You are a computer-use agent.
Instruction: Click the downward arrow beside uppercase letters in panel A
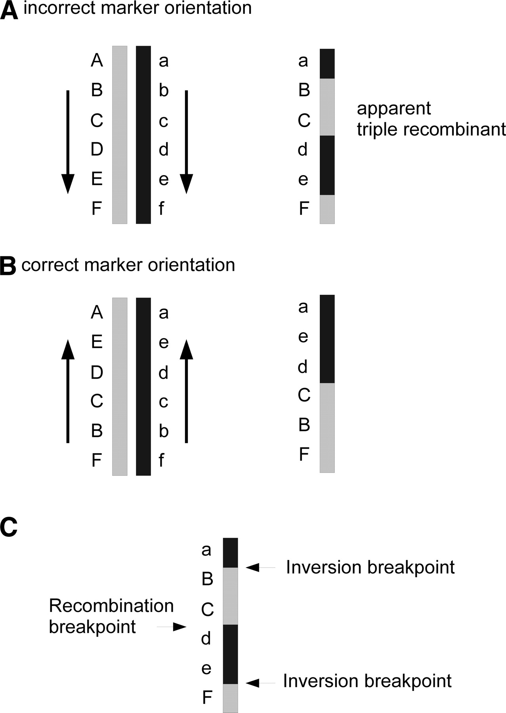(68, 142)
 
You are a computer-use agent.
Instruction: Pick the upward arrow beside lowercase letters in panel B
(187, 391)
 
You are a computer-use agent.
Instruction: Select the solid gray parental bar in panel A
(120, 135)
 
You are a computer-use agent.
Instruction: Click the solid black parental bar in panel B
(143, 386)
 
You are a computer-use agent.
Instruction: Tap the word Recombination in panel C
(111, 606)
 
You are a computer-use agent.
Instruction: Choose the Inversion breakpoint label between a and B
(370, 567)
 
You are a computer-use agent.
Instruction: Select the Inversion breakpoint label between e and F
(367, 681)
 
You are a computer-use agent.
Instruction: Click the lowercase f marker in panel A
(161, 208)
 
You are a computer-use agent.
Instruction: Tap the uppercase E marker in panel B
(97, 341)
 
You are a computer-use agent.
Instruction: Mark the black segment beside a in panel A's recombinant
(327, 64)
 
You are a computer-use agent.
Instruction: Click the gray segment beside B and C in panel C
(230, 596)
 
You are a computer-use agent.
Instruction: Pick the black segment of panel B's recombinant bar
(327, 339)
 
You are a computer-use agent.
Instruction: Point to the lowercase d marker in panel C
(206, 638)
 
